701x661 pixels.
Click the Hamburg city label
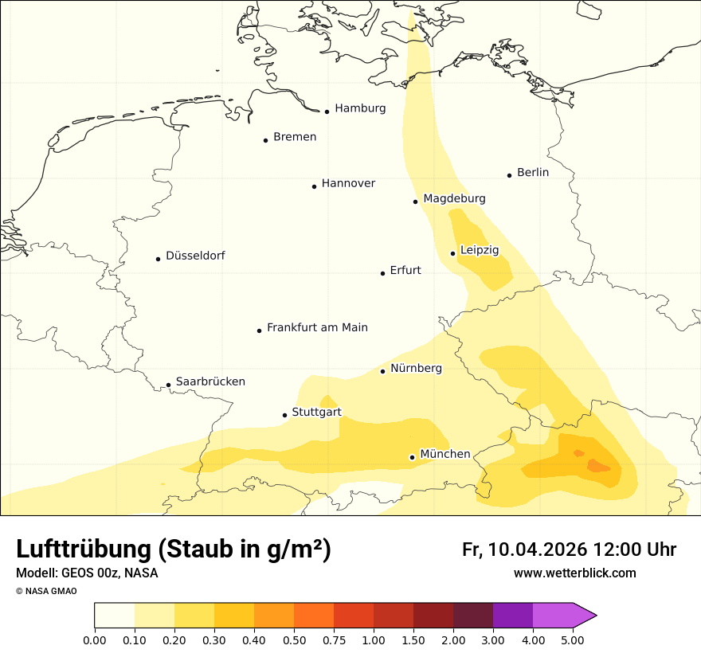click(x=360, y=108)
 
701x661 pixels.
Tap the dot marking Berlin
click(x=509, y=175)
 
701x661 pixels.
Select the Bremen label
click(x=295, y=137)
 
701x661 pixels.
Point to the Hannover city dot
click(x=314, y=186)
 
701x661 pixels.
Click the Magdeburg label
click(x=454, y=198)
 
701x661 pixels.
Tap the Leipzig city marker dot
click(x=452, y=253)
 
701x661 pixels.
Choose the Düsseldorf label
click(x=195, y=256)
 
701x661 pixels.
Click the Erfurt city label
click(x=405, y=270)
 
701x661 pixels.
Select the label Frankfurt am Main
click(x=317, y=327)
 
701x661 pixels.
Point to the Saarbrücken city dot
click(x=168, y=385)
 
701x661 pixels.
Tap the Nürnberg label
click(x=416, y=368)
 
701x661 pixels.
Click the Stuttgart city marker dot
click(x=284, y=415)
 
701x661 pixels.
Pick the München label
click(x=445, y=454)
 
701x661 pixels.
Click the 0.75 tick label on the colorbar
click(x=334, y=640)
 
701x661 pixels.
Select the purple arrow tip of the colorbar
click(x=585, y=615)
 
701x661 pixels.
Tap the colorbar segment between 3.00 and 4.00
click(x=513, y=615)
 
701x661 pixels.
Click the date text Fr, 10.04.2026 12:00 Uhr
click(x=569, y=550)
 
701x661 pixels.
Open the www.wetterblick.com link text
click(x=574, y=573)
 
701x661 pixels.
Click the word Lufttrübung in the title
click(x=83, y=550)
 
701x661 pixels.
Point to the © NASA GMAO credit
click(x=46, y=591)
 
